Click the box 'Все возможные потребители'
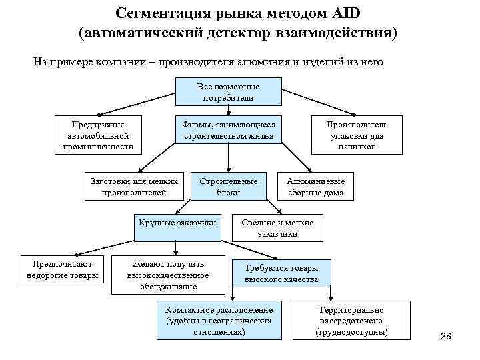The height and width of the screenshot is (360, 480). tap(228, 92)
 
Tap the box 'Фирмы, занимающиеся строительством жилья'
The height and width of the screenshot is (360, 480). tap(228, 130)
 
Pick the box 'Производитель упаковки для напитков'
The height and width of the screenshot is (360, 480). tap(355, 135)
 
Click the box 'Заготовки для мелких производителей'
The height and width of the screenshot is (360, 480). tap(134, 187)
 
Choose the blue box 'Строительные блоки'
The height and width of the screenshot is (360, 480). tap(228, 187)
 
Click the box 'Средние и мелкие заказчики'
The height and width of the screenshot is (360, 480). tap(277, 228)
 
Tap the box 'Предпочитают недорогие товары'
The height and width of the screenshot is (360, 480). tap(62, 269)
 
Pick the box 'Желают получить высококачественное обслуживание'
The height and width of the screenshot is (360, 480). tap(168, 275)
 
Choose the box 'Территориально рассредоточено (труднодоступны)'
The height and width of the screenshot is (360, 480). tap(351, 321)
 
